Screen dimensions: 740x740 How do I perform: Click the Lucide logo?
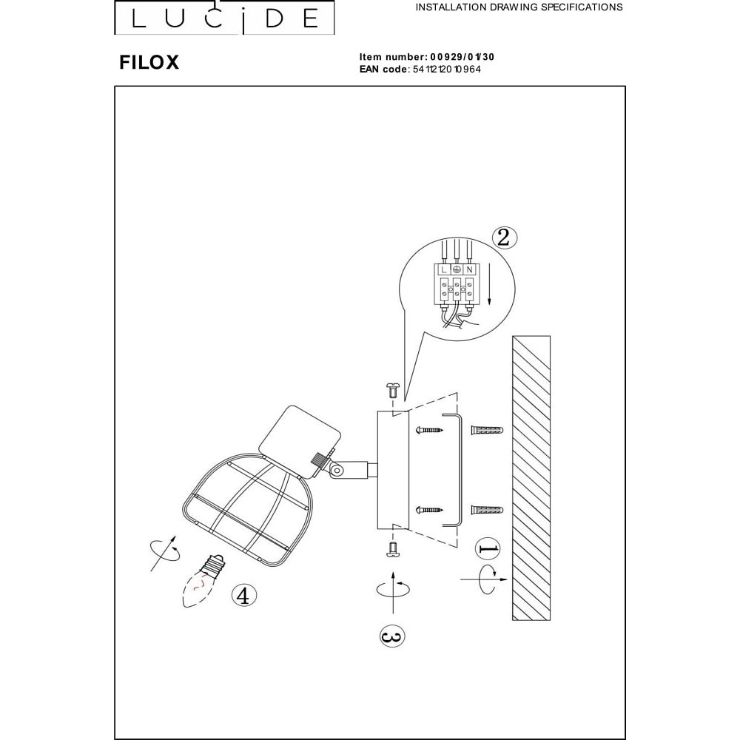click(224, 18)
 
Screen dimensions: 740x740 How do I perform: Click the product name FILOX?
click(149, 62)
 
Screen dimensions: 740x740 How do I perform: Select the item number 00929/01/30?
click(462, 57)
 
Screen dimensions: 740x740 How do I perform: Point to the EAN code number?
click(447, 70)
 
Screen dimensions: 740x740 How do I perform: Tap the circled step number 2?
click(504, 238)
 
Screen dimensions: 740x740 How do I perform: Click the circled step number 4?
click(243, 596)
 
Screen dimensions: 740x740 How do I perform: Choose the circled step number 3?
click(392, 636)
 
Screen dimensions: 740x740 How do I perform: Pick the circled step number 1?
click(488, 549)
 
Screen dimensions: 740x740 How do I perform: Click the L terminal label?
click(443, 270)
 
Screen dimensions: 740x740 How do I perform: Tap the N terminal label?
click(469, 270)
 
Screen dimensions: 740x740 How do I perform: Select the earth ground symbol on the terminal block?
click(457, 270)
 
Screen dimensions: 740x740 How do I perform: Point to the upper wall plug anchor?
click(487, 431)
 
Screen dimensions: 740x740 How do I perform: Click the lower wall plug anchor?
click(487, 510)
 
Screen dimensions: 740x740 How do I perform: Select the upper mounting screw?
click(429, 430)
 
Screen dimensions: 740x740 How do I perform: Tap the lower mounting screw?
click(429, 510)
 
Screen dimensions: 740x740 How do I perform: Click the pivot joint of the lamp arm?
click(337, 470)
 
